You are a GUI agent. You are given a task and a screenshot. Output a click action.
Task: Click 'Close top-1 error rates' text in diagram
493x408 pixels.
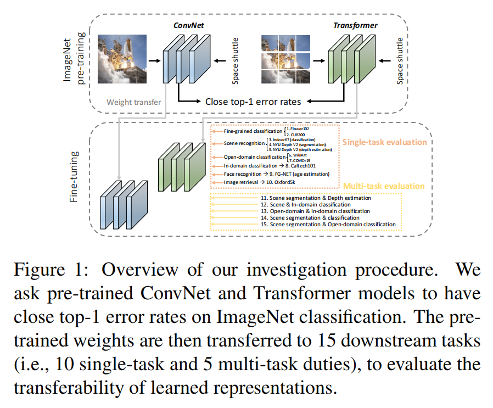click(x=256, y=102)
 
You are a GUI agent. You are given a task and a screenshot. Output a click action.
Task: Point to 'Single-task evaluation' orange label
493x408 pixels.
click(x=384, y=142)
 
